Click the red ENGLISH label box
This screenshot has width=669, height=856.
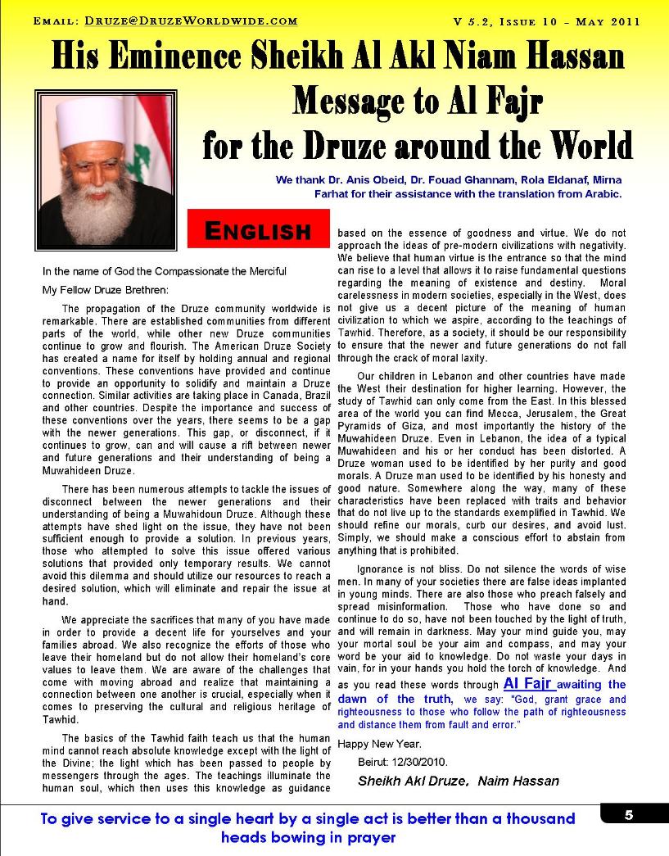pyautogui.click(x=258, y=229)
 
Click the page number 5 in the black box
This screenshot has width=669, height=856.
pyautogui.click(x=629, y=814)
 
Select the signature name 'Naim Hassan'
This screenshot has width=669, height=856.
pyautogui.click(x=521, y=781)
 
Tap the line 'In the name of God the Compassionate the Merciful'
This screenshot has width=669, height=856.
pyautogui.click(x=164, y=271)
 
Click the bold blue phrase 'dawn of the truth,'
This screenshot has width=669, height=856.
pyautogui.click(x=396, y=699)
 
